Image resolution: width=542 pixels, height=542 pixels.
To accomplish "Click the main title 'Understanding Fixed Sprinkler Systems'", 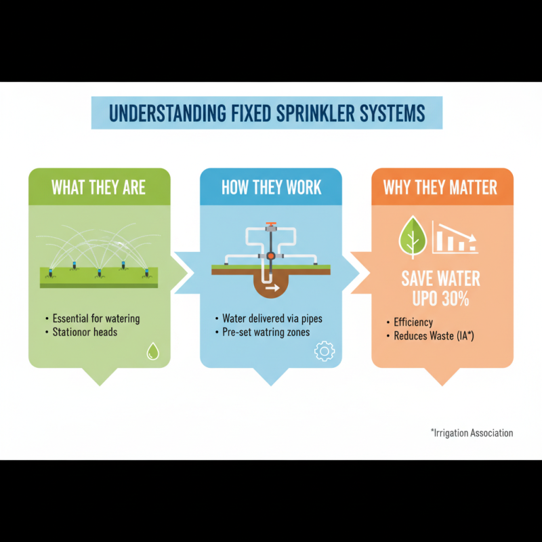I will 266,112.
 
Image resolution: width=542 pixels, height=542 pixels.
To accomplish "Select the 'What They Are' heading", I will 99,187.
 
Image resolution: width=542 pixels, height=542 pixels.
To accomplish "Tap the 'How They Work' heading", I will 271,187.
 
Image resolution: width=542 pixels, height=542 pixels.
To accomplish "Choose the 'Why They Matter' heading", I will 440,187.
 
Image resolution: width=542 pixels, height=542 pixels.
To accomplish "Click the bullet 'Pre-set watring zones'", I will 266,332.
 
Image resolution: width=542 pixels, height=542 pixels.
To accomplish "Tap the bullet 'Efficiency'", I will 413,322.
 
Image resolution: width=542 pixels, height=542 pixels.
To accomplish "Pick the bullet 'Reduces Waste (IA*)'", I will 434,335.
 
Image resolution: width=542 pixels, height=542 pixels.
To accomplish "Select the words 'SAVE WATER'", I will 440,278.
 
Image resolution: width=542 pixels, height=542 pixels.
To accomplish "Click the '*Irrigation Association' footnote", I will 472,433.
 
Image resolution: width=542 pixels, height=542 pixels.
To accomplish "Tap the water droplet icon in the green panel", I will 153,351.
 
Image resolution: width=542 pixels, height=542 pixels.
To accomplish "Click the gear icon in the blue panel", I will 325,351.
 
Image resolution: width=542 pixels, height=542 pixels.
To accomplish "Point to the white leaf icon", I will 412,238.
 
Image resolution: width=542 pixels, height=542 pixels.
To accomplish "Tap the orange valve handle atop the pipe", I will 271,225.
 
